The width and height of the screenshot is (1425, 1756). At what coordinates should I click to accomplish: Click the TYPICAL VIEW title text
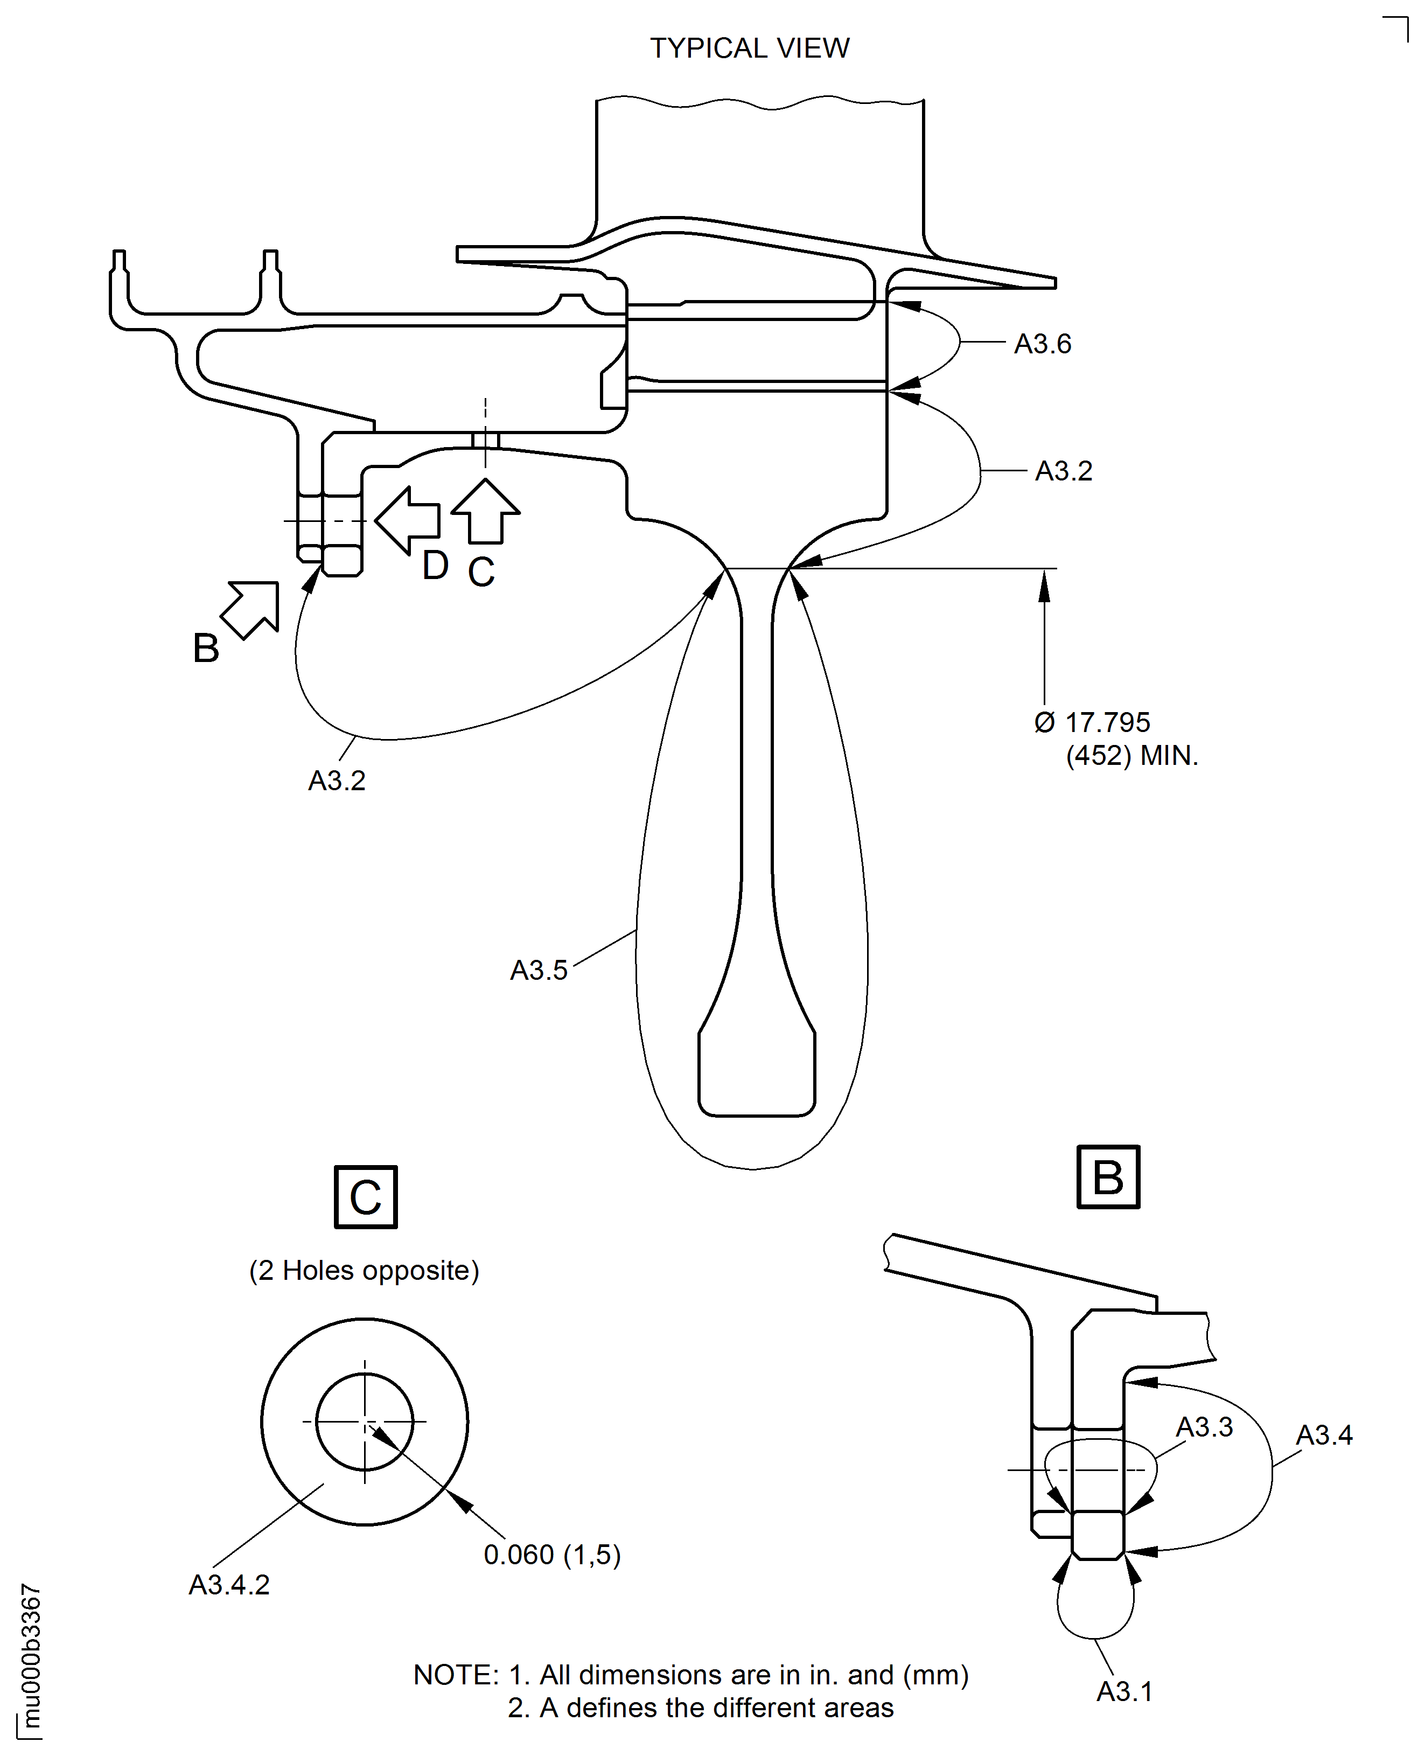tap(750, 48)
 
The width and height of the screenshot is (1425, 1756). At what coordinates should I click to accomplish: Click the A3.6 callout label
tap(1043, 344)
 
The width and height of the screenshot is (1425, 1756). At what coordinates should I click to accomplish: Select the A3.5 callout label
tap(539, 970)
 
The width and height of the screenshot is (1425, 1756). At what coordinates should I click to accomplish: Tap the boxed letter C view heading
tap(366, 1197)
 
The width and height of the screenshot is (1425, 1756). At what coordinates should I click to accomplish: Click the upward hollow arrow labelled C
tap(485, 512)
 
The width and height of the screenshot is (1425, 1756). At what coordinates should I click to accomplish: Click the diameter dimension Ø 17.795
tap(1093, 722)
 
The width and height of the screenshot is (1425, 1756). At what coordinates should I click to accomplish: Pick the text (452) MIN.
tap(1132, 755)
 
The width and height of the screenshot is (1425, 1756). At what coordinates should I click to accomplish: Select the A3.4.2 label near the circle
tap(229, 1584)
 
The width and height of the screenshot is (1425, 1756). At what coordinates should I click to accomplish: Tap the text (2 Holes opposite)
tap(365, 1270)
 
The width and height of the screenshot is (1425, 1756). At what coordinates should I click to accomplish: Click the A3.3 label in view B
tap(1204, 1427)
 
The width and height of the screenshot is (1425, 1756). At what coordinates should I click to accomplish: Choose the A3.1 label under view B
tap(1124, 1691)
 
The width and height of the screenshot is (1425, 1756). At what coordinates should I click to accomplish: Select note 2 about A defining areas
tap(700, 1708)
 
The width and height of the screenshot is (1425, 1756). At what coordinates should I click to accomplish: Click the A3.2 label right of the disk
tap(1064, 471)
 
